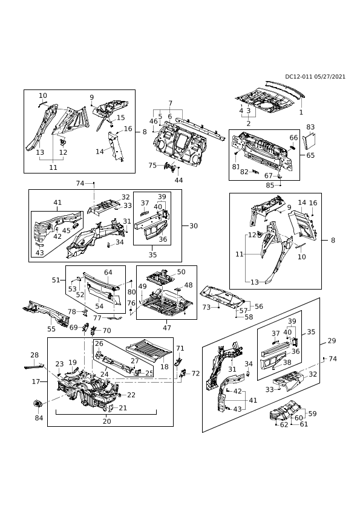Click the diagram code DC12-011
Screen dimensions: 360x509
point(299,77)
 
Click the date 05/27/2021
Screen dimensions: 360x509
point(330,77)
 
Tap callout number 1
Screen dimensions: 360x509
point(301,112)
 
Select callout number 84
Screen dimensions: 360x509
point(39,418)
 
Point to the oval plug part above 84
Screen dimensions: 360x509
point(38,404)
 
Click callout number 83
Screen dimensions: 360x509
point(310,127)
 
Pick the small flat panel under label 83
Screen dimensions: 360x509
point(309,142)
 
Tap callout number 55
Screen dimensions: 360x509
point(51,329)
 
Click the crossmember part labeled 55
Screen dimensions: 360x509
point(46,313)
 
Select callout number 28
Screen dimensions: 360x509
point(34,355)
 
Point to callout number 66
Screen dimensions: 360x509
point(293,138)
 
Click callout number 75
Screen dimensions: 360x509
point(152,165)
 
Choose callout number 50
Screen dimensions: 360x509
point(182,271)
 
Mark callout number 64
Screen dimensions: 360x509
point(108,272)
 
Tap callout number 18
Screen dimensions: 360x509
point(165,366)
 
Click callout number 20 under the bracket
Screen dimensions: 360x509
point(106,421)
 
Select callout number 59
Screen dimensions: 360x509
point(313,413)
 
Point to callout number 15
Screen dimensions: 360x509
point(121,117)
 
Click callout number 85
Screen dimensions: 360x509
point(270,186)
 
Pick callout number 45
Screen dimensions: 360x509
point(67,230)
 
